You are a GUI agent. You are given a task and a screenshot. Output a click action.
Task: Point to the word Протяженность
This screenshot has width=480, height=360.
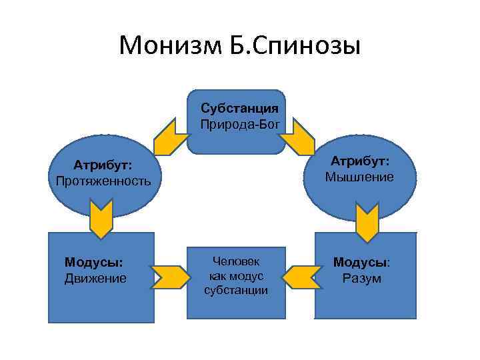click(103, 181)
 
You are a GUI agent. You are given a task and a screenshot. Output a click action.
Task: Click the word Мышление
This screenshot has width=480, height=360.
click(359, 177)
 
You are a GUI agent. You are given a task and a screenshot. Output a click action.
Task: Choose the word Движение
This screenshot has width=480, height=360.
click(95, 278)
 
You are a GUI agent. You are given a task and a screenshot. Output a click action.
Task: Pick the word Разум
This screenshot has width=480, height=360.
click(362, 278)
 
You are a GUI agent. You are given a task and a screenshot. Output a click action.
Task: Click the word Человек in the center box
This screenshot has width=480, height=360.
click(236, 261)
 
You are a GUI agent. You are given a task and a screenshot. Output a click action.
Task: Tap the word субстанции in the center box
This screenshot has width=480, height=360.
click(236, 290)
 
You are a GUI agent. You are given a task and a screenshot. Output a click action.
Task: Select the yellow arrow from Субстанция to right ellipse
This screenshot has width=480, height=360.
click(297, 137)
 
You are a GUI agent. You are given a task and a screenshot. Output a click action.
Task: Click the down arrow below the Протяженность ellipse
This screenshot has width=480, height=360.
click(101, 221)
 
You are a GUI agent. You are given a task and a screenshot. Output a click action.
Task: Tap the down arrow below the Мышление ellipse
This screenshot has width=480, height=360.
click(366, 223)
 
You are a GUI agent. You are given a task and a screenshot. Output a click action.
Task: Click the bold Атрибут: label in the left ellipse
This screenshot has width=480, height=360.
click(103, 165)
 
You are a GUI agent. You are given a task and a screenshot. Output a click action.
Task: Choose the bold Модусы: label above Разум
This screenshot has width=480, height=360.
click(362, 263)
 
